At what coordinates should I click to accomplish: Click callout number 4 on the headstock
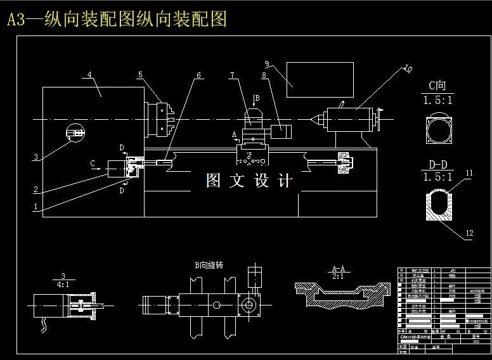(89, 75)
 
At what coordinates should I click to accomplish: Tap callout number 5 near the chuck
(139, 75)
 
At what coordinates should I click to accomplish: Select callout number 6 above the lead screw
(198, 75)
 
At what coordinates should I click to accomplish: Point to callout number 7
(232, 75)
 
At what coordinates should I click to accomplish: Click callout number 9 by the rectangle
(268, 63)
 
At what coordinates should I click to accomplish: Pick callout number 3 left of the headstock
(36, 157)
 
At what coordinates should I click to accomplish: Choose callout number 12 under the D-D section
(469, 233)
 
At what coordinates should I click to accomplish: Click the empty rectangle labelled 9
(320, 80)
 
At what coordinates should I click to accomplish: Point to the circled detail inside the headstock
(76, 132)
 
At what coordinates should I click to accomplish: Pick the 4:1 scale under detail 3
(63, 285)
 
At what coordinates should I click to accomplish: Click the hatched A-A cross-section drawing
(342, 295)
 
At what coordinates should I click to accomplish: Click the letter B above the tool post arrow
(257, 98)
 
